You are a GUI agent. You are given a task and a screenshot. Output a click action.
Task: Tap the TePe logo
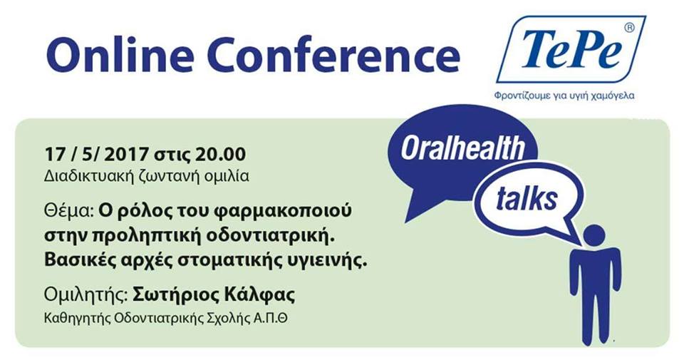pyautogui.click(x=571, y=49)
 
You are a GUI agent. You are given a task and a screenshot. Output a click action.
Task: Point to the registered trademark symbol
pyautogui.click(x=629, y=27)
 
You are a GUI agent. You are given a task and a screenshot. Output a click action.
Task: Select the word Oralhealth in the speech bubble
pyautogui.click(x=462, y=148)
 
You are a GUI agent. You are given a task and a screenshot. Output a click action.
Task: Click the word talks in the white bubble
pyautogui.click(x=527, y=198)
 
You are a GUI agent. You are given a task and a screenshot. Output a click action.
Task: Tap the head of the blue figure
pyautogui.click(x=594, y=236)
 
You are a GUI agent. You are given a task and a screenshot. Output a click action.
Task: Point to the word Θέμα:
pyautogui.click(x=69, y=211)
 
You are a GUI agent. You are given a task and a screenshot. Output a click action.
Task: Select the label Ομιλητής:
pyautogui.click(x=86, y=295)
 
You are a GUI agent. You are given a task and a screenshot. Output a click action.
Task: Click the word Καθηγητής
pyautogui.click(x=77, y=319)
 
